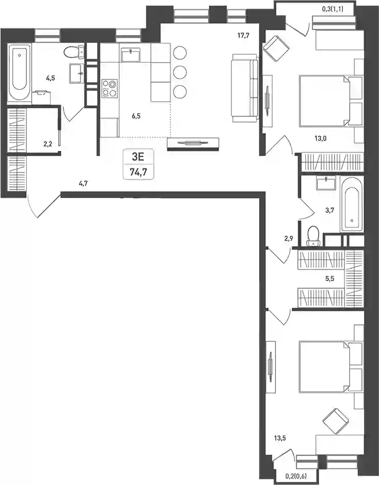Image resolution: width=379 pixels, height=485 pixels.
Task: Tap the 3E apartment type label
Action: [138, 157]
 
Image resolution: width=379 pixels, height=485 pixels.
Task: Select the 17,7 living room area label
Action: [243, 36]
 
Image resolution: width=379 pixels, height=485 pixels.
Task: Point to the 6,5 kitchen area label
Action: [136, 116]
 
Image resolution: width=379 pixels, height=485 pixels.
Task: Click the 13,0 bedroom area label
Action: [321, 138]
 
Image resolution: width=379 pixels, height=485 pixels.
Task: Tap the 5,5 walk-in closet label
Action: [329, 279]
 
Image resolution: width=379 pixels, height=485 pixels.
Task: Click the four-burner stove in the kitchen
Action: [109, 88]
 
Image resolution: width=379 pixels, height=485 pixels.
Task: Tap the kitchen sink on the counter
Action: [131, 55]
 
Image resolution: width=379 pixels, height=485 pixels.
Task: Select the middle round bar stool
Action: [180, 72]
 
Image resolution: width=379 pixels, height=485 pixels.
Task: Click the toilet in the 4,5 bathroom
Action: [74, 52]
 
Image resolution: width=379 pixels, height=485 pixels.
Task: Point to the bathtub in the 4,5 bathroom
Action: [20, 72]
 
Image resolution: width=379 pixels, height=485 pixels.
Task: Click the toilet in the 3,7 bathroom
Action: [313, 236]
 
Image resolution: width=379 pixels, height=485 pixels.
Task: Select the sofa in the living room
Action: [245, 88]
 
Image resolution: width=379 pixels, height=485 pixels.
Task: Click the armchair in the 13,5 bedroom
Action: [336, 421]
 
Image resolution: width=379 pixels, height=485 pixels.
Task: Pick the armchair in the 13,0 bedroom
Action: [276, 48]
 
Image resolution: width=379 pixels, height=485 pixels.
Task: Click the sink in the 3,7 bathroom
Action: [326, 182]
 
